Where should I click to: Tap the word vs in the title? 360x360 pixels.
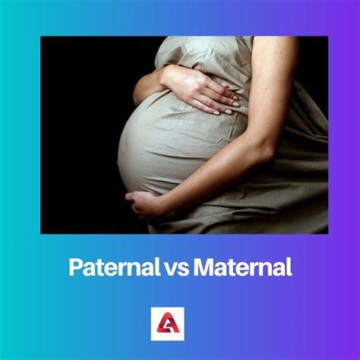point(178,267)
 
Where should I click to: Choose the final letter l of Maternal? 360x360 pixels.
point(289,267)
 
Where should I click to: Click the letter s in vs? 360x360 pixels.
point(184,268)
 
